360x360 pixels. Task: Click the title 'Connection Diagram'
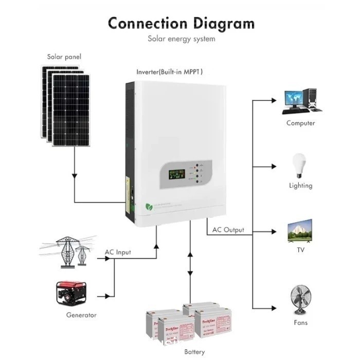pyautogui.click(x=181, y=23)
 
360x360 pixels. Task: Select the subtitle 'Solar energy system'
pyautogui.click(x=181, y=39)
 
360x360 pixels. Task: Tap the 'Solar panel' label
pyautogui.click(x=64, y=57)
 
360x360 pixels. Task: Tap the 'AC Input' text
pyautogui.click(x=118, y=252)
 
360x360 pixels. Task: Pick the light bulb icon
pyautogui.click(x=300, y=165)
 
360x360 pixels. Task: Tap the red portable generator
pyautogui.click(x=71, y=294)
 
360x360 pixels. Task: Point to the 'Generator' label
pyautogui.click(x=81, y=315)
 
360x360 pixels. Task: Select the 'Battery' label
pyautogui.click(x=194, y=352)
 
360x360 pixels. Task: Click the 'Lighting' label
pyautogui.click(x=300, y=186)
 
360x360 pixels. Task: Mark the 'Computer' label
pyautogui.click(x=301, y=123)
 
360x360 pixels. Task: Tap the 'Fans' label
pyautogui.click(x=301, y=322)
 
